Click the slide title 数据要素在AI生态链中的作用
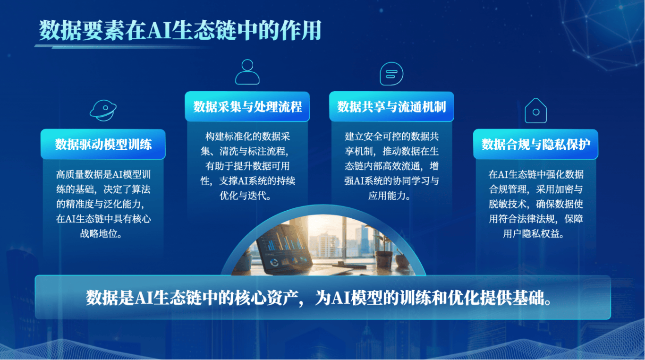click(x=180, y=30)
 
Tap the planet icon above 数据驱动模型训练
click(x=103, y=110)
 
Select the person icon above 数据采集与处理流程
click(x=247, y=72)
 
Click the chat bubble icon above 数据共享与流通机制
click(x=391, y=73)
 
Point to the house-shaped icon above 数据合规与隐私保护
click(x=535, y=111)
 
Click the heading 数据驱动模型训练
click(x=103, y=144)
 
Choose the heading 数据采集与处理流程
click(x=247, y=107)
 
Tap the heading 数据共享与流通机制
click(x=391, y=107)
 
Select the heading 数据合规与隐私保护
click(x=535, y=144)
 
